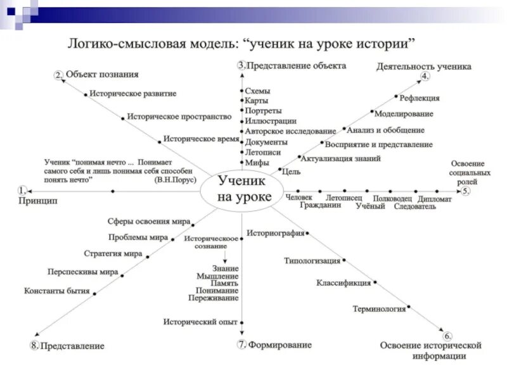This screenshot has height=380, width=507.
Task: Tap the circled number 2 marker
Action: click(x=58, y=75)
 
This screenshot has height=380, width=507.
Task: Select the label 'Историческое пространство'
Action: click(x=179, y=117)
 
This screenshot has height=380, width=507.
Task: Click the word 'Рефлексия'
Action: click(x=420, y=98)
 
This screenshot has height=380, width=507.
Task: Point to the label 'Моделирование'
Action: click(x=404, y=114)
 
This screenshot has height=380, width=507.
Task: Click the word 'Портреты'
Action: click(x=263, y=111)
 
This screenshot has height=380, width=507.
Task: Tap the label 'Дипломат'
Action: click(x=435, y=199)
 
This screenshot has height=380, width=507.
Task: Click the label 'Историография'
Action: click(x=276, y=232)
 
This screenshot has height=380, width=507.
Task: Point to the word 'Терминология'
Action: click(x=379, y=309)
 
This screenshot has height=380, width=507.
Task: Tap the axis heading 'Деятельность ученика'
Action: click(x=424, y=66)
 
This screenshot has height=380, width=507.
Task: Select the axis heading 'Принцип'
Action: click(x=37, y=201)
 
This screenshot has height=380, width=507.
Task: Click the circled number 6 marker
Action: click(x=447, y=336)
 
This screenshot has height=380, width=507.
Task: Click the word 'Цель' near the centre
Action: click(x=292, y=171)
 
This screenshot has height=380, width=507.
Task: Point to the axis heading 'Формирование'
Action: click(x=279, y=345)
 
